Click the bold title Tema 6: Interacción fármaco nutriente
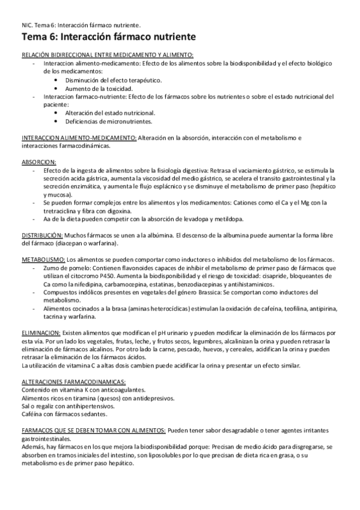click(108, 38)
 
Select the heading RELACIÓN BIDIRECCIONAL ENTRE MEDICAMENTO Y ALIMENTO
click(108, 55)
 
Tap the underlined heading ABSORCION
click(38, 162)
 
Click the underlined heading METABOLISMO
click(42, 259)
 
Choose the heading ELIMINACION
click(40, 333)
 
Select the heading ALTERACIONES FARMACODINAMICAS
click(73, 382)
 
